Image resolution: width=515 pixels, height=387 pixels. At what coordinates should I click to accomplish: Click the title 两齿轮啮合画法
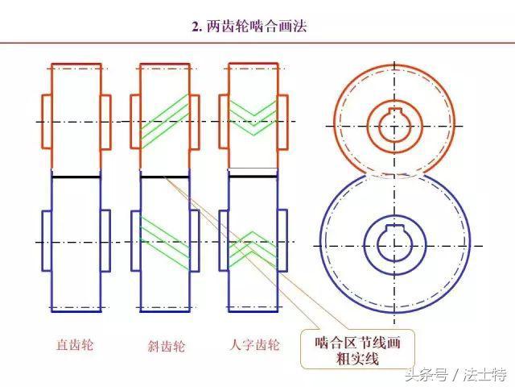point(249,27)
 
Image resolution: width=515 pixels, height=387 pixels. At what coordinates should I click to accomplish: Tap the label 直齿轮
point(75,345)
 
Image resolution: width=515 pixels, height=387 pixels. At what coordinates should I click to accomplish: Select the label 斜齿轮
point(167,346)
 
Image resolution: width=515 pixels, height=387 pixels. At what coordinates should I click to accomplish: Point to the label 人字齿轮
point(255,345)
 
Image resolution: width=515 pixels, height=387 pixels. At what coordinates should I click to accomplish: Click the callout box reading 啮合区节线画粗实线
point(357,350)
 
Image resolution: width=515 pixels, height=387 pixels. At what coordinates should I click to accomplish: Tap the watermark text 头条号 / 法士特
point(456,374)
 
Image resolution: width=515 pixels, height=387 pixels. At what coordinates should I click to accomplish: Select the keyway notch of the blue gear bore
point(394,228)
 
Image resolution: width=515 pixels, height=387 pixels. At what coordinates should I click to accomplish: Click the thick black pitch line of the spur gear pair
point(76,177)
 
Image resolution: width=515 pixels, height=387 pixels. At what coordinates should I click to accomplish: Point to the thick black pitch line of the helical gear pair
point(165,177)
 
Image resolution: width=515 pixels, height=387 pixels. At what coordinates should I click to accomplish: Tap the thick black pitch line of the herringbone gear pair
point(253,177)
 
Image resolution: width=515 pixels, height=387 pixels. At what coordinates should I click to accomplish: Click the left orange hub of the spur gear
point(47,122)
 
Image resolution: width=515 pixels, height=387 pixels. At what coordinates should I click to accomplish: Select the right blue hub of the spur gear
point(105,241)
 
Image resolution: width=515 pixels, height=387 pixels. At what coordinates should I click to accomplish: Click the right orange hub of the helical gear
point(195,122)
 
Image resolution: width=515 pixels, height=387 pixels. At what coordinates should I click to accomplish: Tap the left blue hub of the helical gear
point(136,241)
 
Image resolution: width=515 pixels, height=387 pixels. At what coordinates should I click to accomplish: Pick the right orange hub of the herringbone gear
point(282,123)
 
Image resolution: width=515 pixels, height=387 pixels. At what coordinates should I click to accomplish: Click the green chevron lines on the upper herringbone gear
point(253,116)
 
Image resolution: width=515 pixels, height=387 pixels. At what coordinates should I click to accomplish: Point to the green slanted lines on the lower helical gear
point(165,243)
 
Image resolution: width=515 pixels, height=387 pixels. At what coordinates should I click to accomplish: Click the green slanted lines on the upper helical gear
point(165,117)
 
